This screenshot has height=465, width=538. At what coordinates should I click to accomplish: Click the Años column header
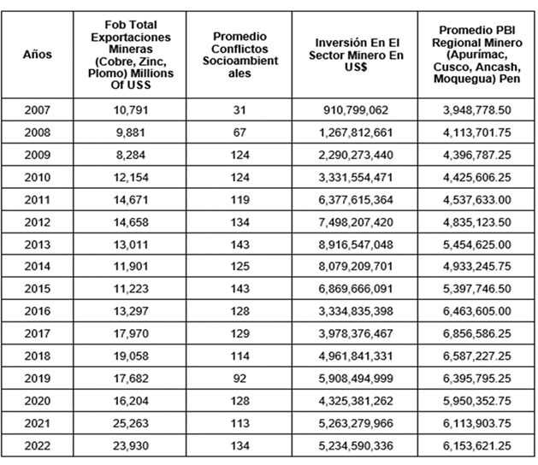38,54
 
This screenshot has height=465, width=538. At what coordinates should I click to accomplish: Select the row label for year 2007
38,111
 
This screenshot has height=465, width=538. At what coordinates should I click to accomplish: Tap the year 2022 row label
38,445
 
